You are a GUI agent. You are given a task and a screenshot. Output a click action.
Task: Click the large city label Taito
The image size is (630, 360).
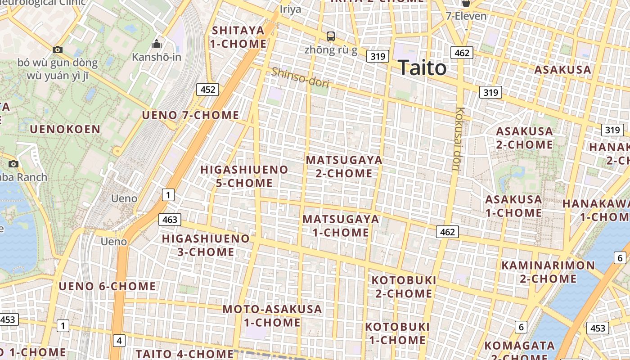click(x=422, y=68)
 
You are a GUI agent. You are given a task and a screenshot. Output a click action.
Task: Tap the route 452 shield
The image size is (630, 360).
click(x=207, y=90)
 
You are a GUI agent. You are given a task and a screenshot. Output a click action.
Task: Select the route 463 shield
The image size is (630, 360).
click(x=170, y=220)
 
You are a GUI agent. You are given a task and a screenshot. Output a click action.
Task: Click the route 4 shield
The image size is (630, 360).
click(x=119, y=341)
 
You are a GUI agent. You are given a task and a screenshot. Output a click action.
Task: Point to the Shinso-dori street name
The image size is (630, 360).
click(x=300, y=77)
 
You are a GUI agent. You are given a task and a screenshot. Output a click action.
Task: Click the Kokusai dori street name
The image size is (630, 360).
click(x=459, y=139)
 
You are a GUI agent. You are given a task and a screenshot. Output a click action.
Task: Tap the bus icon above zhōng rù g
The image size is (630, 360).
click(x=331, y=36)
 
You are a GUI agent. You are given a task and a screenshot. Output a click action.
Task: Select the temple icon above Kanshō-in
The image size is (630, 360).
click(x=157, y=44)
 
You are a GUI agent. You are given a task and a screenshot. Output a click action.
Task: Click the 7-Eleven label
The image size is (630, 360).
click(x=466, y=16)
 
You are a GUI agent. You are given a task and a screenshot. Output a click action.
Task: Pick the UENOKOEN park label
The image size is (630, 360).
click(x=65, y=129)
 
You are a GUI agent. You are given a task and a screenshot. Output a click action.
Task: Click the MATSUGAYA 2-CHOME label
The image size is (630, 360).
click(x=344, y=166)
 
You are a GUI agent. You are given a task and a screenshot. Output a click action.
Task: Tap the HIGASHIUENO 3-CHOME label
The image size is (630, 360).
click(x=206, y=245)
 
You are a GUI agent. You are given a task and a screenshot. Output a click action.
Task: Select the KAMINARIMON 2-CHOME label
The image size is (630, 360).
click(x=548, y=272)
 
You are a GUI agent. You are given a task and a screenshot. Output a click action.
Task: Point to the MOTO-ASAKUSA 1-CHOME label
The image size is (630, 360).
click(x=272, y=316)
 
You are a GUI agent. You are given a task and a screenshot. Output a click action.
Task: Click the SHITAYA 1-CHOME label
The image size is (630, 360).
click(x=238, y=37)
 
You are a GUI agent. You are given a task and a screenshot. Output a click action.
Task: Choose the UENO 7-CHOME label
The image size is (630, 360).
click(x=190, y=115)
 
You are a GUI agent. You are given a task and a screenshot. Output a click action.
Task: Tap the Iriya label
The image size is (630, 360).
click(x=290, y=9)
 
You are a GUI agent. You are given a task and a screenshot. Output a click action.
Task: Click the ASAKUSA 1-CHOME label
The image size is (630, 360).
click(x=513, y=206)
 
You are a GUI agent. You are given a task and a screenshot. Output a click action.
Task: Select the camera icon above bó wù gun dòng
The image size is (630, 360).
click(x=58, y=50)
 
